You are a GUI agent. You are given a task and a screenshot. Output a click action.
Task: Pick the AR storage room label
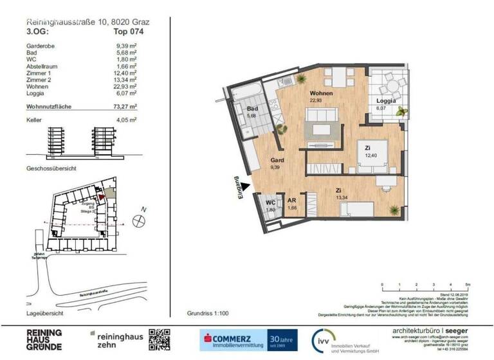coord(291,201)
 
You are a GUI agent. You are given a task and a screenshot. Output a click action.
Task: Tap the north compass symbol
coord(138,221)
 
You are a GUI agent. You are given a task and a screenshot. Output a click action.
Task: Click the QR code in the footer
coord(160,339)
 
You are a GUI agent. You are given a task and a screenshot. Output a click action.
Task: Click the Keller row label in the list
coord(34,121)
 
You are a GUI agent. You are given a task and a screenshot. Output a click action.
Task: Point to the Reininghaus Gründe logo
coord(44,339)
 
